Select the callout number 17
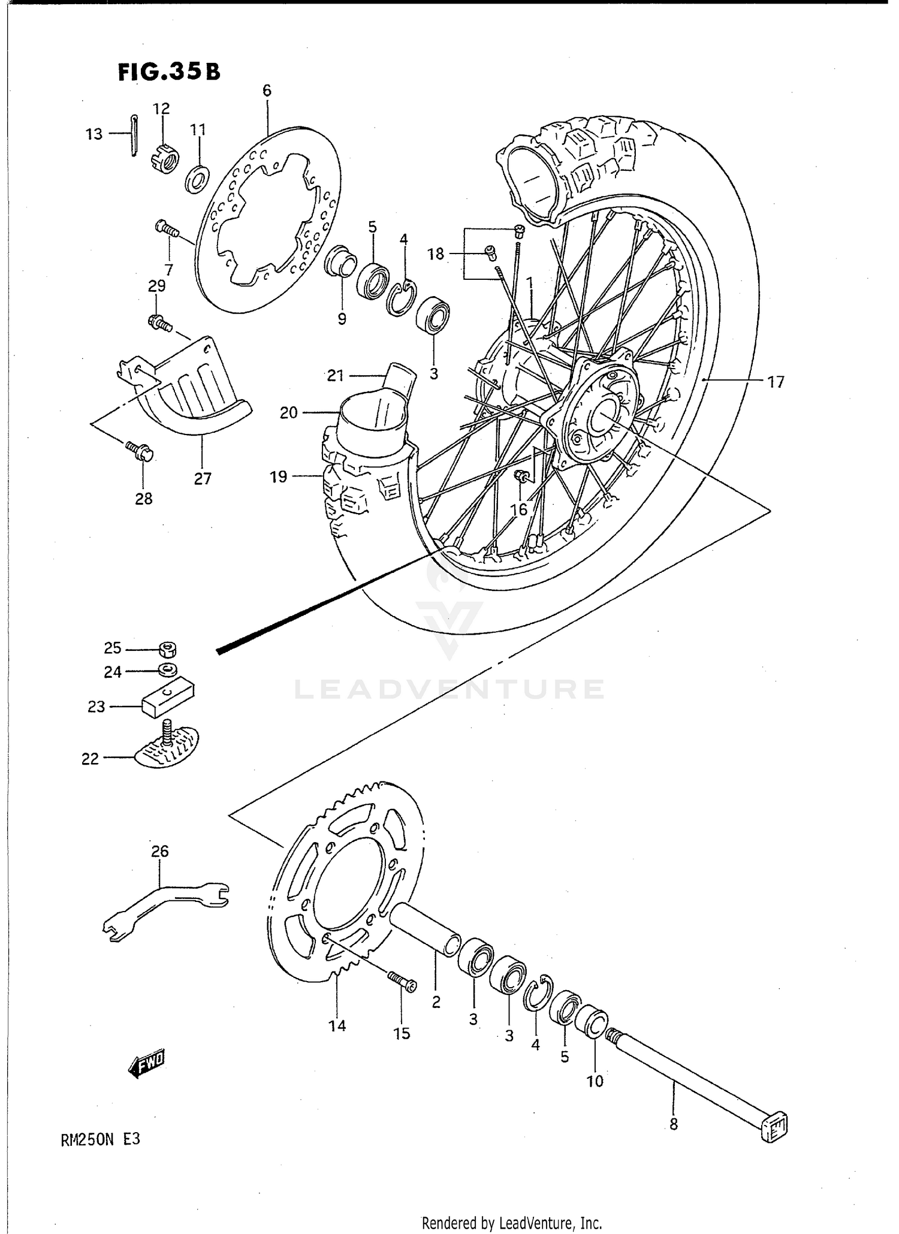pyautogui.click(x=776, y=382)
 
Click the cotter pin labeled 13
pyautogui.click(x=134, y=135)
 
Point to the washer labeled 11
pyautogui.click(x=197, y=178)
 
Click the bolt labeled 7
pyautogui.click(x=165, y=228)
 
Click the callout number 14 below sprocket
pyautogui.click(x=337, y=1025)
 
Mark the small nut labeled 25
pyautogui.click(x=167, y=648)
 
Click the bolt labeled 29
pyautogui.click(x=159, y=323)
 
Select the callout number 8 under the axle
pyautogui.click(x=674, y=1124)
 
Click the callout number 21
pyautogui.click(x=334, y=376)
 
